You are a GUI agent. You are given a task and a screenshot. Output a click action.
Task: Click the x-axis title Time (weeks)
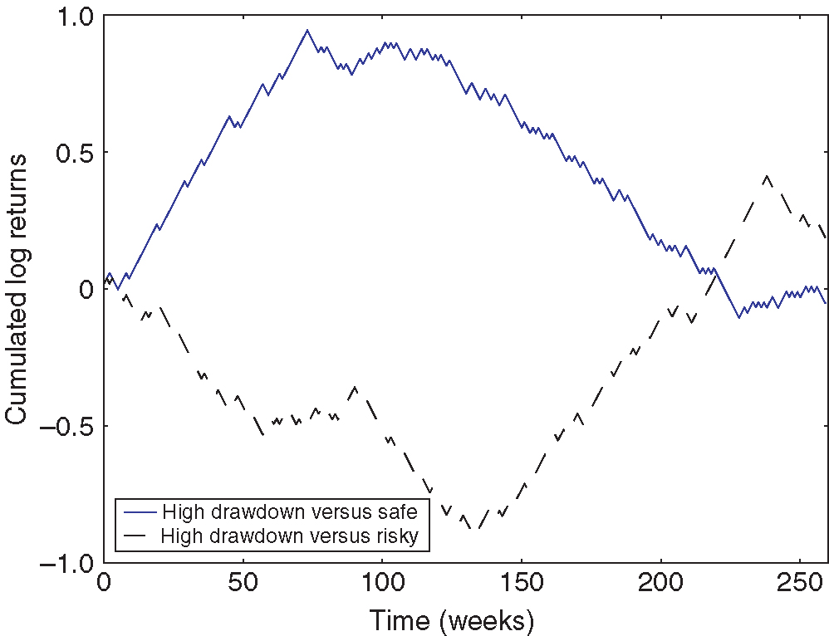pos(451,619)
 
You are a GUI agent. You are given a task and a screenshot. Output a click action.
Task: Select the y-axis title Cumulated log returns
pos(18,289)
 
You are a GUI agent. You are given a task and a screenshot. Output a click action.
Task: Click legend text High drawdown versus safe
pos(289,510)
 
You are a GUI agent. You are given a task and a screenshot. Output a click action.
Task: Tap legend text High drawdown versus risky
pos(294,536)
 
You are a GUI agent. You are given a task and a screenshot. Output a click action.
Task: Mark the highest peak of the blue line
pos(307,30)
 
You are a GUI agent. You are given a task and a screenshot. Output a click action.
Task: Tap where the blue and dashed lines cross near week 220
pos(715,273)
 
